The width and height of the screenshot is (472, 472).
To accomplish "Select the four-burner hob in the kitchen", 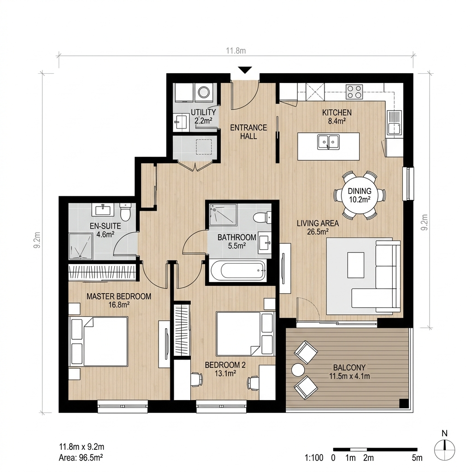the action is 354,92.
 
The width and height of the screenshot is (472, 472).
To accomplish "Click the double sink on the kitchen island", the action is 328,142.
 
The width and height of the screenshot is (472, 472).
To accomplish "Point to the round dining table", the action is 360,195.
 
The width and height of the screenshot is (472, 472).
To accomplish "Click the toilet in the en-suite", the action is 124,212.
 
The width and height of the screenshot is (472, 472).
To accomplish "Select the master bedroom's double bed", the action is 98,341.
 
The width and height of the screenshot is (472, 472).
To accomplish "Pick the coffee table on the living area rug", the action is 356,265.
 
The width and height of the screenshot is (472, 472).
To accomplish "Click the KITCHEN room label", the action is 337,112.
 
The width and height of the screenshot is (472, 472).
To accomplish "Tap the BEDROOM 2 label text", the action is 225,365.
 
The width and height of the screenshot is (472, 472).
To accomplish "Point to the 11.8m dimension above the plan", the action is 236,51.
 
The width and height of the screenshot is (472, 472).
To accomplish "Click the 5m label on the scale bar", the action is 417,458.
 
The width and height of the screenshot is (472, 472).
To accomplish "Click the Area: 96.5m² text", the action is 81,458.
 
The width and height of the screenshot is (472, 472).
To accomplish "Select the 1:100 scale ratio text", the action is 314,458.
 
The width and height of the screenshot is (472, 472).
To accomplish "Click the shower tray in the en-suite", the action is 80,246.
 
